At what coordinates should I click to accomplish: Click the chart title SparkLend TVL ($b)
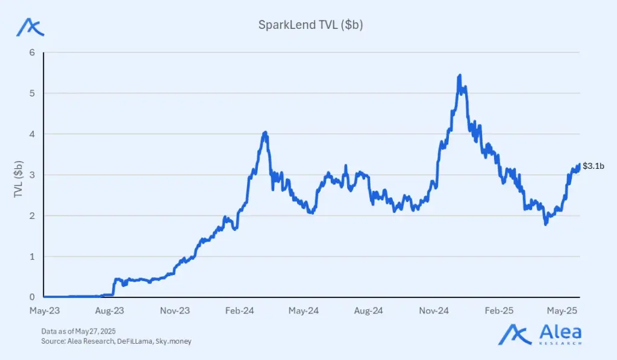coord(310,25)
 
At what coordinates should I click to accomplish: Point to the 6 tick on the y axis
coord(32,52)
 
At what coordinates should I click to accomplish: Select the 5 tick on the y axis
coord(32,93)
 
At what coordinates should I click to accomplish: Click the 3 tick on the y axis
coord(32,175)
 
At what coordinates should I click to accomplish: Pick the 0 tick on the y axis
coord(32,297)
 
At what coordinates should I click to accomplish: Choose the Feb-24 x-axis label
coord(240,311)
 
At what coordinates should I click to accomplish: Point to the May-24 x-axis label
coord(304,311)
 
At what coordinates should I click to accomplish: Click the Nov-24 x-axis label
coord(434,311)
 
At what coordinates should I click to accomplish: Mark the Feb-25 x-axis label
coord(499,311)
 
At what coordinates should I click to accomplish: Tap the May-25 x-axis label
coord(563,311)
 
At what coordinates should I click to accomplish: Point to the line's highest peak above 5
coord(460,75)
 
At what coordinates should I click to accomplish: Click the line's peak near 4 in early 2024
coord(265,132)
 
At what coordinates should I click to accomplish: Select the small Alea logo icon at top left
coord(30,27)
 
